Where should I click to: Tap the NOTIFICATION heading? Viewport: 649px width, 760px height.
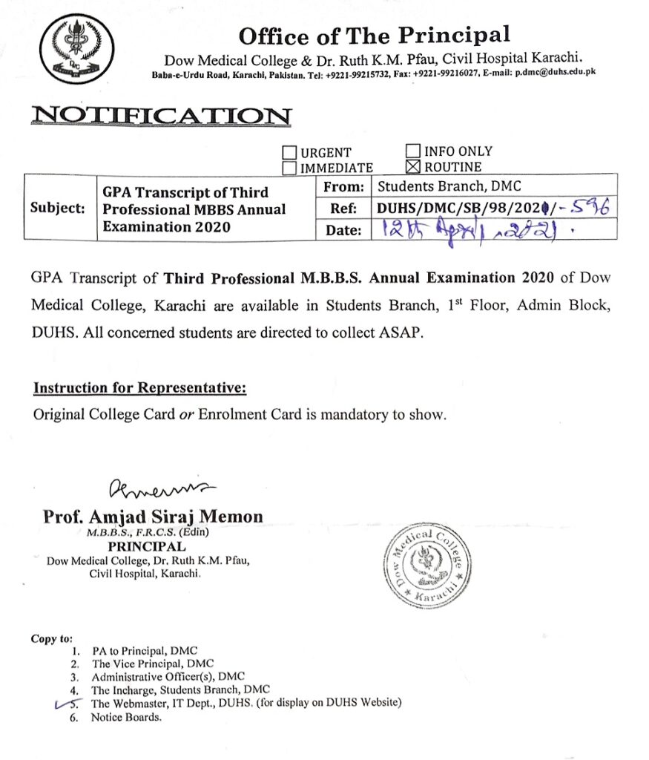pyautogui.click(x=161, y=116)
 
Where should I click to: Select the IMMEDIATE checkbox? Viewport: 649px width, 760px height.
pyautogui.click(x=290, y=168)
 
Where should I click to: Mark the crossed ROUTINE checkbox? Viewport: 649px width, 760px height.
pyautogui.click(x=414, y=166)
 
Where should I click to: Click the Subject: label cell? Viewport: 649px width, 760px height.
pyautogui.click(x=58, y=208)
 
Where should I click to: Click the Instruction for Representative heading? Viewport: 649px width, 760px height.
pyautogui.click(x=139, y=388)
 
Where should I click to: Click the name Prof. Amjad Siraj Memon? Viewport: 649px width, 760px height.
pyautogui.click(x=153, y=517)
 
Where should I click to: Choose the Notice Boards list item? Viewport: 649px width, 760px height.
pyautogui.click(x=125, y=718)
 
